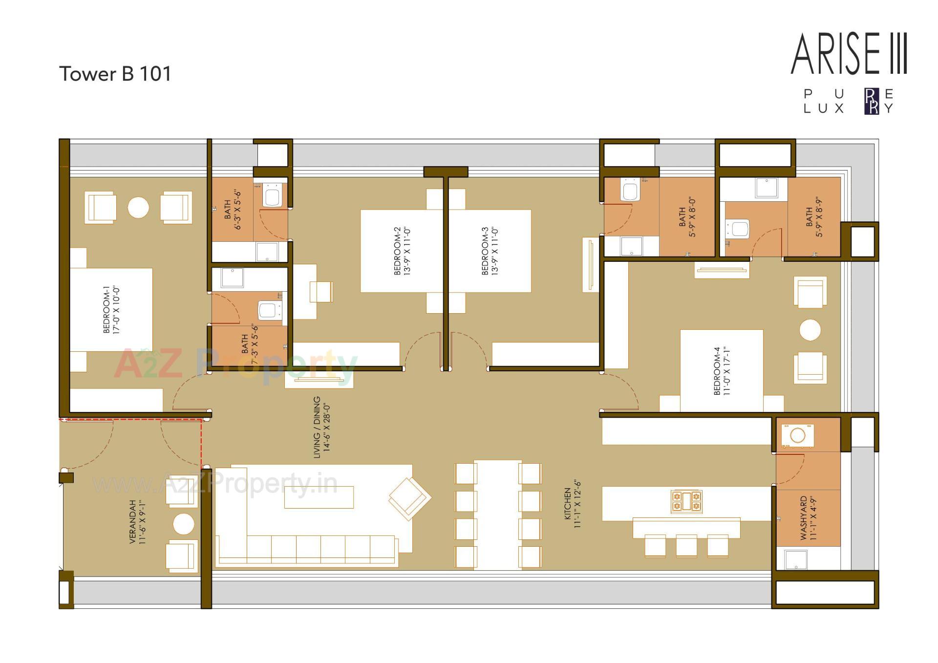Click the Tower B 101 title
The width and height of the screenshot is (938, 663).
[115, 74]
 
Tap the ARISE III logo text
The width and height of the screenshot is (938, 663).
[849, 54]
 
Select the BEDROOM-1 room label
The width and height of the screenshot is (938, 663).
[111, 310]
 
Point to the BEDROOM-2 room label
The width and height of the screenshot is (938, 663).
[402, 251]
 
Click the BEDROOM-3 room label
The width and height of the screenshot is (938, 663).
[490, 251]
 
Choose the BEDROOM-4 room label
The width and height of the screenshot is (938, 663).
[722, 371]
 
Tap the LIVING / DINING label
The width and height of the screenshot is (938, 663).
[322, 428]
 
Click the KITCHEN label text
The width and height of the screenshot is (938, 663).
[572, 504]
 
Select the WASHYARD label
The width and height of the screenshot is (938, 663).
[809, 518]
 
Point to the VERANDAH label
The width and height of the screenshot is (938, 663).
[137, 522]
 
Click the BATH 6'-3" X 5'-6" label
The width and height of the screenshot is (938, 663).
[233, 210]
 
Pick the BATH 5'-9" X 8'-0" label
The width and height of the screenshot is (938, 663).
[687, 217]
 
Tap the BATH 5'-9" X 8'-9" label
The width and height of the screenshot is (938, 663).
[814, 217]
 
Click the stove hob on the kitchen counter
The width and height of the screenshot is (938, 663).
[686, 501]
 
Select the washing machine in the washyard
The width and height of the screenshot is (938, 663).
[798, 435]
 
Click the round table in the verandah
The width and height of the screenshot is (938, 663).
[184, 524]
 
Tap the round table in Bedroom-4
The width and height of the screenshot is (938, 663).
[810, 330]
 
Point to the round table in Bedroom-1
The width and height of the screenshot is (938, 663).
[138, 207]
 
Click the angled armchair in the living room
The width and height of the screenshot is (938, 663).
[409, 498]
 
